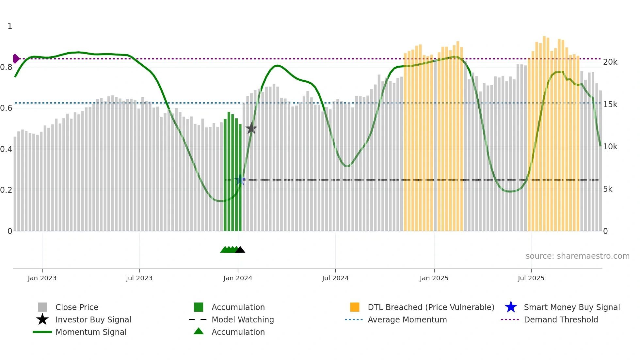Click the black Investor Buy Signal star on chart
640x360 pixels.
click(x=251, y=129)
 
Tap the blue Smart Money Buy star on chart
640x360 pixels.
click(x=240, y=180)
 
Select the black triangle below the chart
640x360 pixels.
click(x=240, y=250)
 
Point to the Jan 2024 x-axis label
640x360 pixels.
click(x=238, y=278)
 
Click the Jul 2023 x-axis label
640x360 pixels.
click(x=139, y=278)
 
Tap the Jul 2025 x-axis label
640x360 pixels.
click(x=531, y=278)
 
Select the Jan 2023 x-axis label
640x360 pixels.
click(x=42, y=278)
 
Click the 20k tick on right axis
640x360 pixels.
click(x=610, y=62)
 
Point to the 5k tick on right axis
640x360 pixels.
click(x=608, y=189)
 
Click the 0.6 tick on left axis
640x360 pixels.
click(x=6, y=108)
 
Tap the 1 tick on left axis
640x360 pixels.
click(x=10, y=26)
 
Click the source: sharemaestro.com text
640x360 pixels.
click(x=577, y=256)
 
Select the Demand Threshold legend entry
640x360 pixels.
click(x=561, y=319)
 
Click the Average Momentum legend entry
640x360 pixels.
click(x=407, y=319)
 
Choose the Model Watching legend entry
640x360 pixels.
click(x=242, y=319)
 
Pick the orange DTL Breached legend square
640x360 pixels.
click(x=355, y=307)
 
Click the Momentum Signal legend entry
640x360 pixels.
click(x=91, y=332)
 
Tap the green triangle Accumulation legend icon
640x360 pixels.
click(x=199, y=331)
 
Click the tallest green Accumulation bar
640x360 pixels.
click(x=229, y=172)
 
